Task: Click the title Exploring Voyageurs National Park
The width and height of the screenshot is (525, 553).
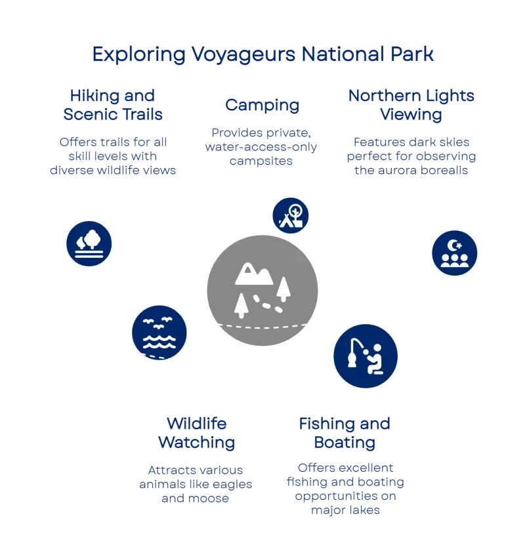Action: pos(262,54)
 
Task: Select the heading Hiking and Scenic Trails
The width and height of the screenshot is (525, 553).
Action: pos(112,104)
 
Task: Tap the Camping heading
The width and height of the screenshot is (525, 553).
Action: pos(262,105)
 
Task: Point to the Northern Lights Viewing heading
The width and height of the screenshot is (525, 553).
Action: pos(411,105)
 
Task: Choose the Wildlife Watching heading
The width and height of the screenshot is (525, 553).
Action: pos(196,432)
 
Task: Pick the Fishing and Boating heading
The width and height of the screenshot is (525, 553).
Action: pos(345,432)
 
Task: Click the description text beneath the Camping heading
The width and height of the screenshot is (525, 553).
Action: pos(262,146)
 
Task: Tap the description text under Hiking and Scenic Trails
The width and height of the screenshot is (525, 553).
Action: pos(112,156)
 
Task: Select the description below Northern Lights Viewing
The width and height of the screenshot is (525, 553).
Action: pos(411,156)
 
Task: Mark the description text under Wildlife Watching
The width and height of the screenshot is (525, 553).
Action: pos(196,484)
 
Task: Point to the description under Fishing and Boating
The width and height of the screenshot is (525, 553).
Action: pos(345,488)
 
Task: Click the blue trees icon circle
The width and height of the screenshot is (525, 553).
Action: pos(89,242)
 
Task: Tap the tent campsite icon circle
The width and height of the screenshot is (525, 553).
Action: pos(291,215)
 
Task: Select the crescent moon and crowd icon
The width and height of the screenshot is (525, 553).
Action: pos(454,253)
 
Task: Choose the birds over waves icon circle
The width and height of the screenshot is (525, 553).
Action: pos(159,333)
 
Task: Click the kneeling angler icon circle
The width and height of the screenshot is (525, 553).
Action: pos(366,356)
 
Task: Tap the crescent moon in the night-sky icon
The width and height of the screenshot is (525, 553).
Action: pos(452,246)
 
